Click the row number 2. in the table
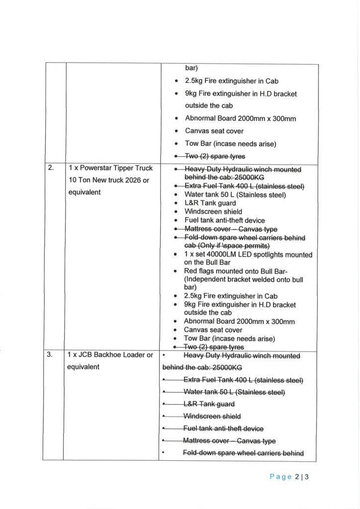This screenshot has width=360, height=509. pos(51,168)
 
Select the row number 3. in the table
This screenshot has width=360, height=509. pos(51,355)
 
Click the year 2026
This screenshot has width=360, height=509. pos(138,180)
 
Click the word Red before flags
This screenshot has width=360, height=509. pos(191,271)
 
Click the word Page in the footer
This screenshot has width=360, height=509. pos(280,477)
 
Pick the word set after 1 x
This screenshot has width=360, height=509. pos(197,255)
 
